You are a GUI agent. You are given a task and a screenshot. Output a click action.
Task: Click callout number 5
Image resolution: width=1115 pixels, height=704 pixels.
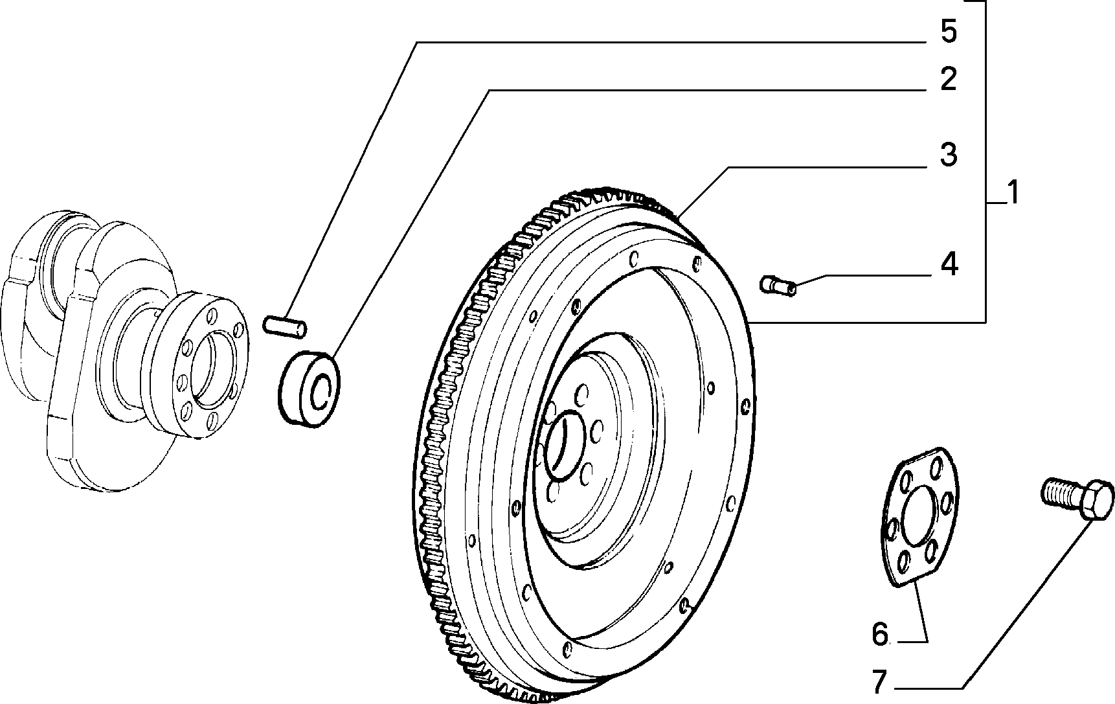[x=948, y=32]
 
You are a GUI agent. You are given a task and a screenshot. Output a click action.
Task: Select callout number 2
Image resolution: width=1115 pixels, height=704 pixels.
[x=948, y=79]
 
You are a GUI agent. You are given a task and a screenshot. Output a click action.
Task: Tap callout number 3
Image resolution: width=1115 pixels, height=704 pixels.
[x=948, y=155]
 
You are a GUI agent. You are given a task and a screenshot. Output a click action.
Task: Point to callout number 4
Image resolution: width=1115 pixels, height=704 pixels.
[x=948, y=264]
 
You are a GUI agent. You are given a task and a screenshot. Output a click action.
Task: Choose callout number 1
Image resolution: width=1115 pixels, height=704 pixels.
[x=1013, y=193]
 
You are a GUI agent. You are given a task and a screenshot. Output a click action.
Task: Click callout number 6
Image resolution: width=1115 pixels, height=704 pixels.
[x=880, y=634]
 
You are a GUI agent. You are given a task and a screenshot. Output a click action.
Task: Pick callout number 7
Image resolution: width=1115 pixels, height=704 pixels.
[x=879, y=681]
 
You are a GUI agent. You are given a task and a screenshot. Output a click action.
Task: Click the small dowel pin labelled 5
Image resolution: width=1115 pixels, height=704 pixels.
[x=285, y=325]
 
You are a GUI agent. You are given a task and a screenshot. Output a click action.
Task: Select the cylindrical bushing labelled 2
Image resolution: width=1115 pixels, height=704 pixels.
[x=310, y=389]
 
